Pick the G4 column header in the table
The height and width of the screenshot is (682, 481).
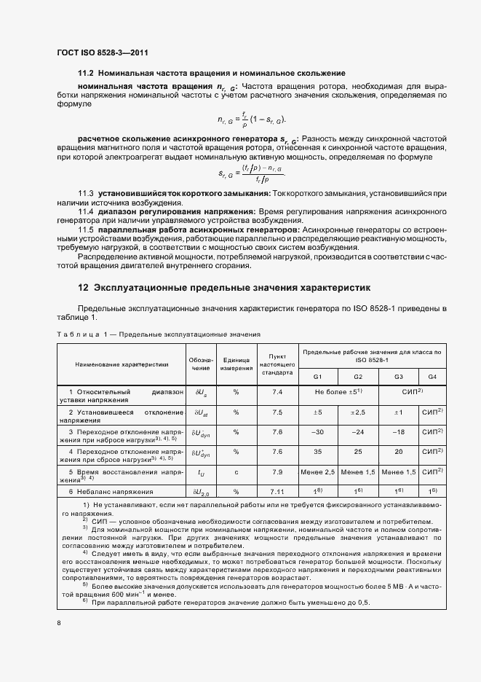coord(432,377)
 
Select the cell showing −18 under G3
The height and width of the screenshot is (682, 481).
coord(398,432)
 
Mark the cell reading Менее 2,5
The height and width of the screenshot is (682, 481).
coord(317,472)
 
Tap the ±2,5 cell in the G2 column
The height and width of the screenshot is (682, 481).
coord(357,412)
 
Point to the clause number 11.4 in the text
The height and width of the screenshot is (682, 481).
coord(87,210)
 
